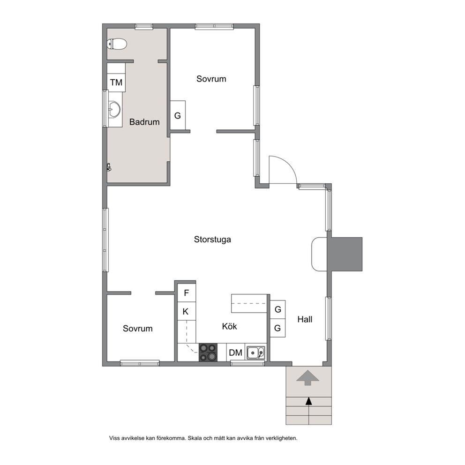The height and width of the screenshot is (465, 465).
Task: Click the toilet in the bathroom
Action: (x=117, y=44)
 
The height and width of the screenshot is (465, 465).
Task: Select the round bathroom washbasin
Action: (x=114, y=109)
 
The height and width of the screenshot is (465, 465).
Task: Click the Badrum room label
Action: (x=144, y=122)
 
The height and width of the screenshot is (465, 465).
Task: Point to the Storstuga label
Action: (x=212, y=240)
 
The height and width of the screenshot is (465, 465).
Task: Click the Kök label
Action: (x=230, y=326)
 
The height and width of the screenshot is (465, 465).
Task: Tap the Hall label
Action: (x=305, y=319)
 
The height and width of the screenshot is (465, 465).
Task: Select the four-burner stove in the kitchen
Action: (x=208, y=352)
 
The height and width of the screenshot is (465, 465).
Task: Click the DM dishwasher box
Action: (x=236, y=352)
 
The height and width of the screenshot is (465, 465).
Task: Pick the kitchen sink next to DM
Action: (x=256, y=352)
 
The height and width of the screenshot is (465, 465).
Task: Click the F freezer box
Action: (x=187, y=293)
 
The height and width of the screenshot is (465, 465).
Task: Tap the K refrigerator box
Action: (x=187, y=311)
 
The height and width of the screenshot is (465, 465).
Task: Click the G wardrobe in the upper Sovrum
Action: (x=178, y=115)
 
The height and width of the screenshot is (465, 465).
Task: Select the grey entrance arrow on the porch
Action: (x=308, y=377)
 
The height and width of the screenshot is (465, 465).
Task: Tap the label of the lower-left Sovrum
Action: (x=138, y=329)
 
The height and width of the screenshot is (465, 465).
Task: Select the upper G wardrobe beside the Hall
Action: (x=278, y=309)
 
